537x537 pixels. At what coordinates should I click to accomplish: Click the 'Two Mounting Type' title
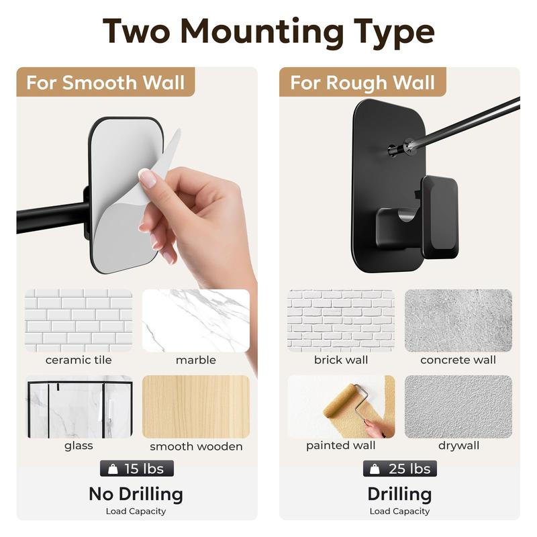pyautogui.click(x=268, y=31)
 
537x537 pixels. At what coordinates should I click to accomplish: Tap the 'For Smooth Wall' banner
pyautogui.click(x=105, y=83)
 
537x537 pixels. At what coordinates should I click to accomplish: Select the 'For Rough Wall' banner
pyautogui.click(x=362, y=83)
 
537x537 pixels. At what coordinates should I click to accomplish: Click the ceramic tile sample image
pyautogui.click(x=79, y=320)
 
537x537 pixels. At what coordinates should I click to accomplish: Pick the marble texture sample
pyautogui.click(x=196, y=320)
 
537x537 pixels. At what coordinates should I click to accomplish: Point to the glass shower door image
pyautogui.click(x=79, y=406)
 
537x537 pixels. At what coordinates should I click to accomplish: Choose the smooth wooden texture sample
pyautogui.click(x=196, y=406)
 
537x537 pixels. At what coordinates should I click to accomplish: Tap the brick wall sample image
pyautogui.click(x=341, y=320)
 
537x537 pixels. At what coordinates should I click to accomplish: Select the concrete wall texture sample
pyautogui.click(x=458, y=320)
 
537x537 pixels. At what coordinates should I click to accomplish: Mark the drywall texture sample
pyautogui.click(x=458, y=406)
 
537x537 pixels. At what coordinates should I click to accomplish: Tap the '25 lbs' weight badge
pyautogui.click(x=400, y=468)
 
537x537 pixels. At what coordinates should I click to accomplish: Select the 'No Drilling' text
pyautogui.click(x=136, y=494)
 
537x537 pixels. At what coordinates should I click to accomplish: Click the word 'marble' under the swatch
pyautogui.click(x=196, y=360)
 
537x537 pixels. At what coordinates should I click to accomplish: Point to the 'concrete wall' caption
pyautogui.click(x=458, y=360)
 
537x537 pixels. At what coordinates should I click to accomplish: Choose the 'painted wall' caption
pyautogui.click(x=341, y=446)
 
